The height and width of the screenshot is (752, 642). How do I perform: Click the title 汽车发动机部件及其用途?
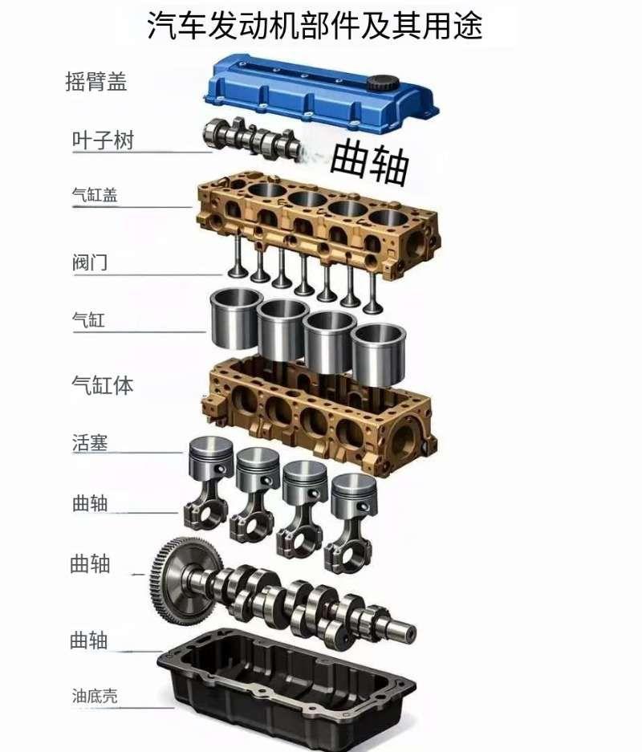coord(315,26)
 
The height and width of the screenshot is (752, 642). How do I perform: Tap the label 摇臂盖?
coord(96,82)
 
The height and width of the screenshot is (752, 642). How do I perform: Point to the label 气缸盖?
coord(95,195)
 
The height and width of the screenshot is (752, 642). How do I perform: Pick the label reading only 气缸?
coord(88,320)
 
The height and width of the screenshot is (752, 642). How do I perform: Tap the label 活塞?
coord(90,442)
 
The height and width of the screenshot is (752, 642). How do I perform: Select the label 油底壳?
coord(95,696)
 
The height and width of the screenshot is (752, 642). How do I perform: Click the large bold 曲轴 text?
coord(370,161)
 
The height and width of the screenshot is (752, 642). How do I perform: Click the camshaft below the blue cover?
coord(253,140)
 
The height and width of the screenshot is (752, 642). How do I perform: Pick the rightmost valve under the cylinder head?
coord(372,289)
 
